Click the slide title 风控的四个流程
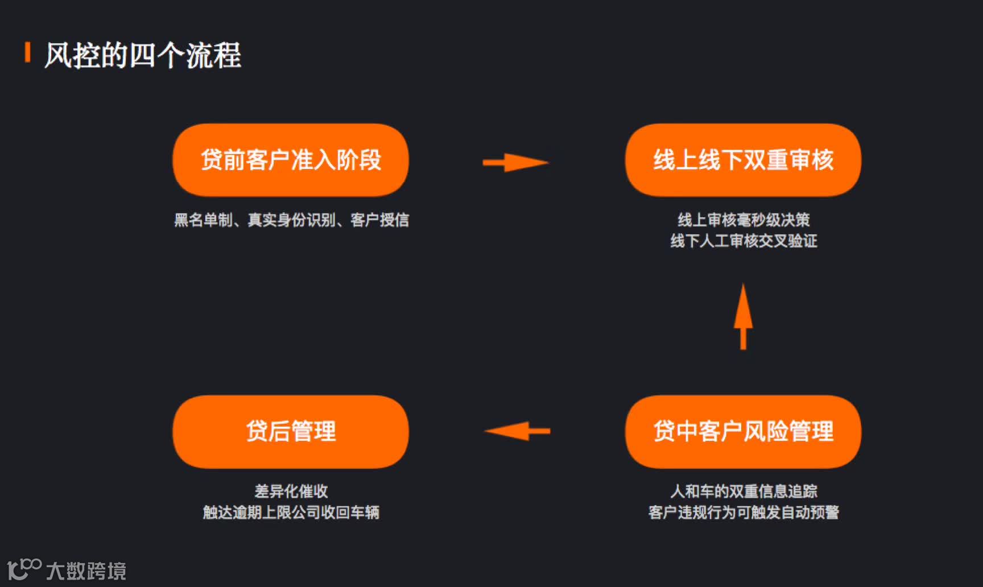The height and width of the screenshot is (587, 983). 143,56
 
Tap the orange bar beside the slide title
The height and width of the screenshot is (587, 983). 27,52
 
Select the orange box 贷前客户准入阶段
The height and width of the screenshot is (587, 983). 291,160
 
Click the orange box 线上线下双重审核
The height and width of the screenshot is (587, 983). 743,160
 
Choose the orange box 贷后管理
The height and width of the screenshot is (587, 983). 291,432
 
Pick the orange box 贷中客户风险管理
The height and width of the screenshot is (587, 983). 743,432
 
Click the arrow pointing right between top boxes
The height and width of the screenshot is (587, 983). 515,163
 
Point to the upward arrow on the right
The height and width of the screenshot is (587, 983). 743,316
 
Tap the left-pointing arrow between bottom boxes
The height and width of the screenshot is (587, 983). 517,431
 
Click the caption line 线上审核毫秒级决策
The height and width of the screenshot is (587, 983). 744,220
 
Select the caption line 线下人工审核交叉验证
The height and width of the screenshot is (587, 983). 744,241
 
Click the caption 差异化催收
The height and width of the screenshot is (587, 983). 291,491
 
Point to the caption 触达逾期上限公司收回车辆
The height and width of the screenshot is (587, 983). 291,512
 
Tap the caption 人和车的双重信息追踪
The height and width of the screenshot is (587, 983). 744,491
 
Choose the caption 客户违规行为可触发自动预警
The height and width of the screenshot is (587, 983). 744,512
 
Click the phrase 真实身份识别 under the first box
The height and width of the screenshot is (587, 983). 291,220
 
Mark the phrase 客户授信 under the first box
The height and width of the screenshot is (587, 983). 379,220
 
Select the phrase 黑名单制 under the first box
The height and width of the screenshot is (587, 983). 203,220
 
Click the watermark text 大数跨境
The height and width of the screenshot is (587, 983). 86,571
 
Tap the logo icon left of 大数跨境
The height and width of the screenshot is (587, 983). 24,568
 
